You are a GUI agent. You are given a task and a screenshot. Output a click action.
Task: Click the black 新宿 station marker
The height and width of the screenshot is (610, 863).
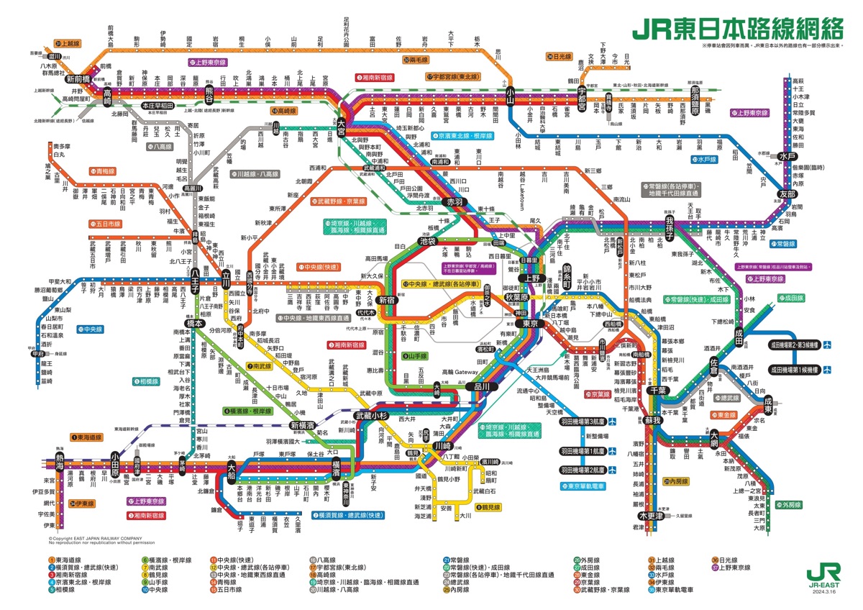pos(387,299)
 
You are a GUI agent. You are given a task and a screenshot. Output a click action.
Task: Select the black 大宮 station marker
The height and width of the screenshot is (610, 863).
pos(341,123)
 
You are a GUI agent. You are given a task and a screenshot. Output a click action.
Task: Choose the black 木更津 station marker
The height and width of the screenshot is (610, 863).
pos(651,515)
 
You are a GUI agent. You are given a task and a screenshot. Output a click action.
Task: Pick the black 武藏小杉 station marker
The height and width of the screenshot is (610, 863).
pos(372,416)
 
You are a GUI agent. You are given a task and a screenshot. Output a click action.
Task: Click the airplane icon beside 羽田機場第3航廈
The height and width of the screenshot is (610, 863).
pos(613,422)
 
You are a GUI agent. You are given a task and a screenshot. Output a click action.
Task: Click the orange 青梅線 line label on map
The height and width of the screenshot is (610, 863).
pos(103,171)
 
